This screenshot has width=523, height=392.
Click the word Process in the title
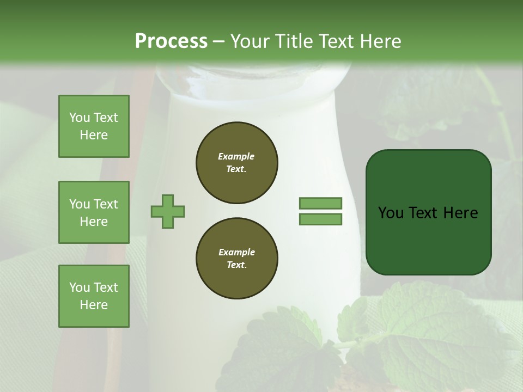point(171,41)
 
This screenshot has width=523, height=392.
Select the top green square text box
point(94,126)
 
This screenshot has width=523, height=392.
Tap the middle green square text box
point(94,212)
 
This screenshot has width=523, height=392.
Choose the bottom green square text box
point(94,296)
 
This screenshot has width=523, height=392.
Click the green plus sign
point(168,211)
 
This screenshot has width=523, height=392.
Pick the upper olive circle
point(236,163)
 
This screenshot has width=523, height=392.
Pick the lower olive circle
point(236,259)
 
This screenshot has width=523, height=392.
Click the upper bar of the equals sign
point(321,203)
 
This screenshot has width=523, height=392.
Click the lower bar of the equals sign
point(321,219)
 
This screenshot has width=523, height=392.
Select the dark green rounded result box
point(428,212)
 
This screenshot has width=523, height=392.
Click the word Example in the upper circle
point(236,156)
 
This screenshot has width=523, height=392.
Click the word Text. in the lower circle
point(236,265)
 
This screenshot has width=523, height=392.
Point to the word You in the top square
point(80,118)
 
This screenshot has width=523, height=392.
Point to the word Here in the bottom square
point(94,305)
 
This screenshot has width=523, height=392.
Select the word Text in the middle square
point(106,204)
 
